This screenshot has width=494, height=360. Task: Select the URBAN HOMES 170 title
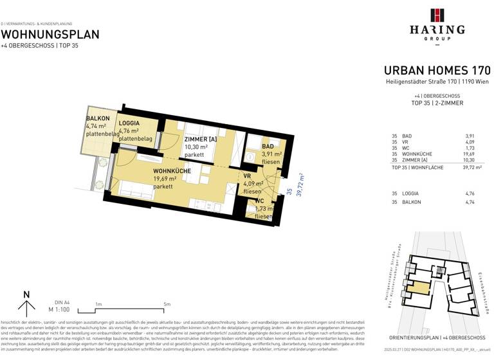click(437, 70)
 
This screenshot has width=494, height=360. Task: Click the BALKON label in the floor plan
click(98, 119)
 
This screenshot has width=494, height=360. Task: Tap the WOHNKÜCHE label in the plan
click(171, 171)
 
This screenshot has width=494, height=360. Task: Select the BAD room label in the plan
click(268, 147)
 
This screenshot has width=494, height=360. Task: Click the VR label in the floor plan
click(246, 176)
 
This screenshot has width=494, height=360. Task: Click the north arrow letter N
click(26, 295)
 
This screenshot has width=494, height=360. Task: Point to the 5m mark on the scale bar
click(167, 304)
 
